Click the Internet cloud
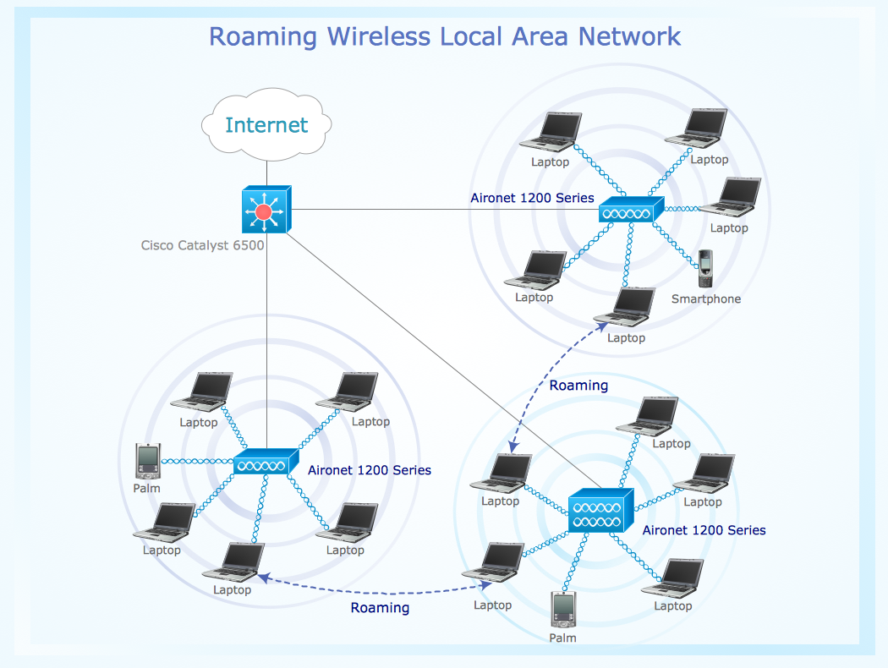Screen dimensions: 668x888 266,126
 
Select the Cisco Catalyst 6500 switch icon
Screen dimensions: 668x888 266,210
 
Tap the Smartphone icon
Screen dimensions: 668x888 705,269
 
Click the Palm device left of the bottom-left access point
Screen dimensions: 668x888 147,461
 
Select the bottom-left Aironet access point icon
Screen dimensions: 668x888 265,463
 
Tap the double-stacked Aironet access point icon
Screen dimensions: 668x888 600,510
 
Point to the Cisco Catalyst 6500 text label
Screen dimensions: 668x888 202,246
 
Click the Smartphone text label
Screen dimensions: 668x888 705,298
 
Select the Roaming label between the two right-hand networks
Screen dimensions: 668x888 578,386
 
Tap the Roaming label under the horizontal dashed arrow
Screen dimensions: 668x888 380,608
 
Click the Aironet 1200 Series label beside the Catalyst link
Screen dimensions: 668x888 532,198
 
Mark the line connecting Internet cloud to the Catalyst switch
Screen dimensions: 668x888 266,172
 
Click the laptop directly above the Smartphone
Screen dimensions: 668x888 731,198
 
